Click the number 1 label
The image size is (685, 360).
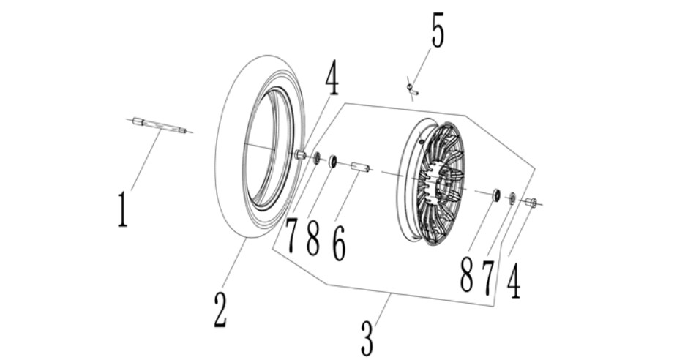(x=123, y=210)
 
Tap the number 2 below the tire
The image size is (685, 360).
(x=220, y=311)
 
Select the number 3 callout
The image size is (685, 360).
(x=367, y=339)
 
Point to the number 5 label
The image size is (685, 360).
(x=438, y=30)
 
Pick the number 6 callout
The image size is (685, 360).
(x=339, y=244)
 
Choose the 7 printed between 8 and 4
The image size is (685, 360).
(x=488, y=277)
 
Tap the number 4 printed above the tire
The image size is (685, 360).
(x=332, y=78)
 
